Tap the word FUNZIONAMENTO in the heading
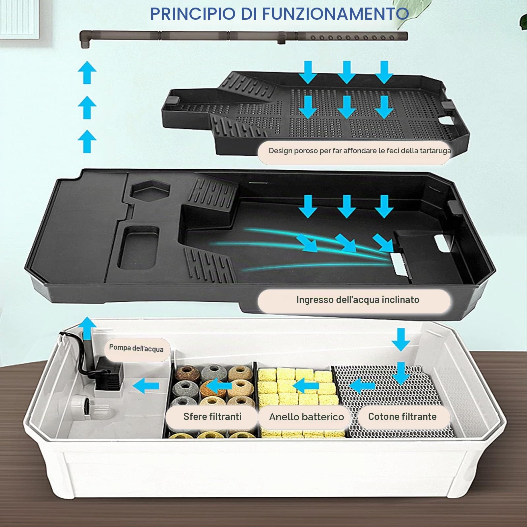(335, 14)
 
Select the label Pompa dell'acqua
(136, 348)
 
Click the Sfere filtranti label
(212, 417)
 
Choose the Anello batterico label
(307, 417)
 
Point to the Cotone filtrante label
(402, 417)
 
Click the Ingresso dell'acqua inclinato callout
(358, 300)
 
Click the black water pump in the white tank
(109, 374)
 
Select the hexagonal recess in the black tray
(150, 190)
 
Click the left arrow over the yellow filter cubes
(306, 386)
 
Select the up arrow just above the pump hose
(87, 328)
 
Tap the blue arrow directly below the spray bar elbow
(87, 72)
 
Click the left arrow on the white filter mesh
(362, 386)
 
